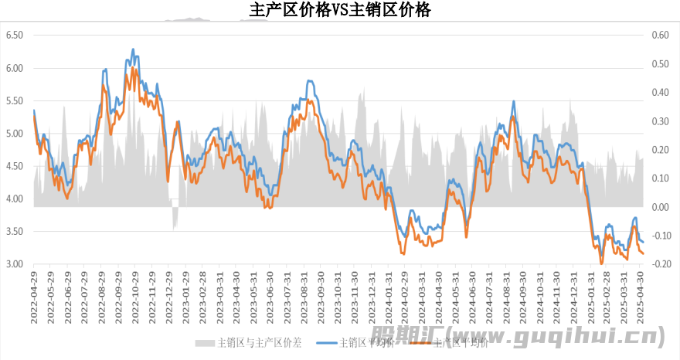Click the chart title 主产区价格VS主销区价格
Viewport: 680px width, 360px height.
[341, 10]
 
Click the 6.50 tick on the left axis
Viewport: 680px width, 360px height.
[15, 36]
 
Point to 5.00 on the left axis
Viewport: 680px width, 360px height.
[15, 134]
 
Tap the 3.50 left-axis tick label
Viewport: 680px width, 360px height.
[15, 232]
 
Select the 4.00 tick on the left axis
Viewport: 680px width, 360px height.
[15, 199]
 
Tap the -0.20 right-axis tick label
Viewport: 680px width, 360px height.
[658, 264]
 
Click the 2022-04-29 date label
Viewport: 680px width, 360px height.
[34, 294]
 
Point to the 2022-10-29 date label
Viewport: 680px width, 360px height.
[135, 294]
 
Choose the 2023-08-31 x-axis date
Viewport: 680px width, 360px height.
[304, 294]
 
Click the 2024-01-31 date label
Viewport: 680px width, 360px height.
[389, 294]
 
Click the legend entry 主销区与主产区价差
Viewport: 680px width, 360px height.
[255, 342]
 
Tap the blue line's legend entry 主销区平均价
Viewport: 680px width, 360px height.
[366, 342]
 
